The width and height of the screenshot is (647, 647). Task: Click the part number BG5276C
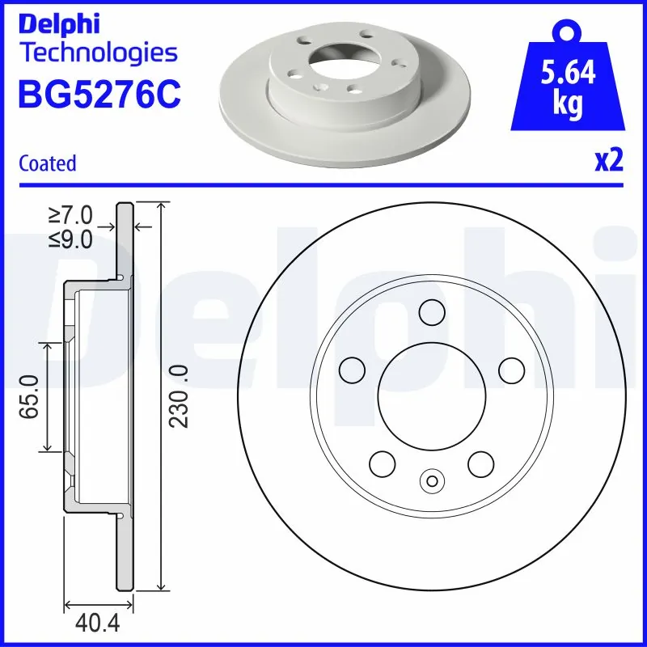point(99,94)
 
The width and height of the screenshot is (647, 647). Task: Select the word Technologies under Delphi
point(97,53)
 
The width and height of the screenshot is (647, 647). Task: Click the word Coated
point(47,163)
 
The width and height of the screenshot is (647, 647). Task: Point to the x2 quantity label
point(609,162)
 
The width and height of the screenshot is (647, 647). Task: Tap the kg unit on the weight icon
point(569,106)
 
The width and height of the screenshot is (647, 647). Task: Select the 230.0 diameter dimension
point(180,395)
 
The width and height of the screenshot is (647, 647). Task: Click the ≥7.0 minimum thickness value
point(71,216)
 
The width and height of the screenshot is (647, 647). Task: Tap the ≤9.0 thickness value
point(71,239)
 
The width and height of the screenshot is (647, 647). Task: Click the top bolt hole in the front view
point(432,311)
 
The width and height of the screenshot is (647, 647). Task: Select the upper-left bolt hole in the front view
point(352,370)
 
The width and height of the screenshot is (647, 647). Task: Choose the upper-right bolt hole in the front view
point(511,370)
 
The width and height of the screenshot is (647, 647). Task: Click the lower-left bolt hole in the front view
point(383,463)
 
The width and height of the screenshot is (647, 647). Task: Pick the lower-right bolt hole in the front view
point(481,463)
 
